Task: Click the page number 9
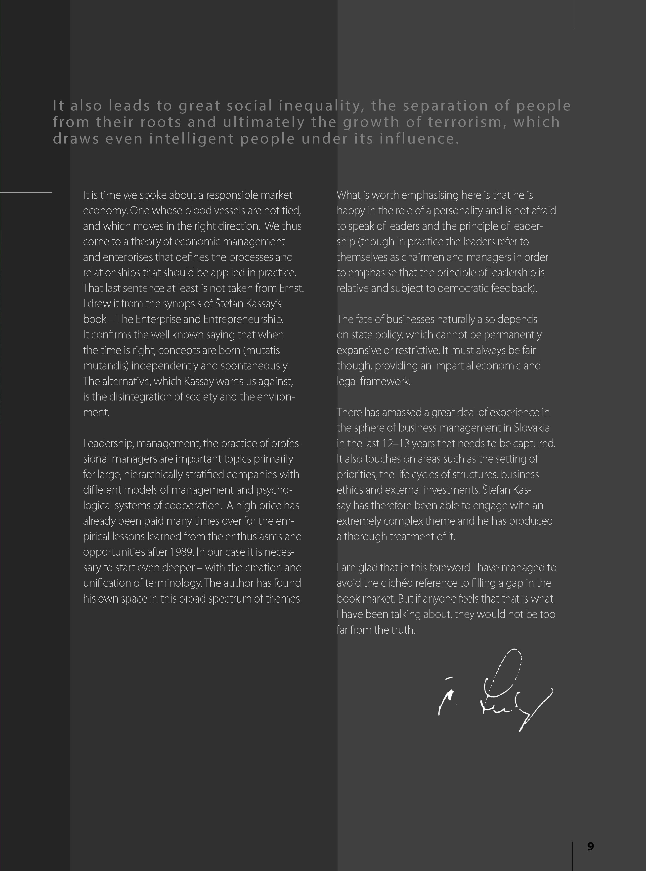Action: (591, 846)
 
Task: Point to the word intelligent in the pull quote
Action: (192, 139)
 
